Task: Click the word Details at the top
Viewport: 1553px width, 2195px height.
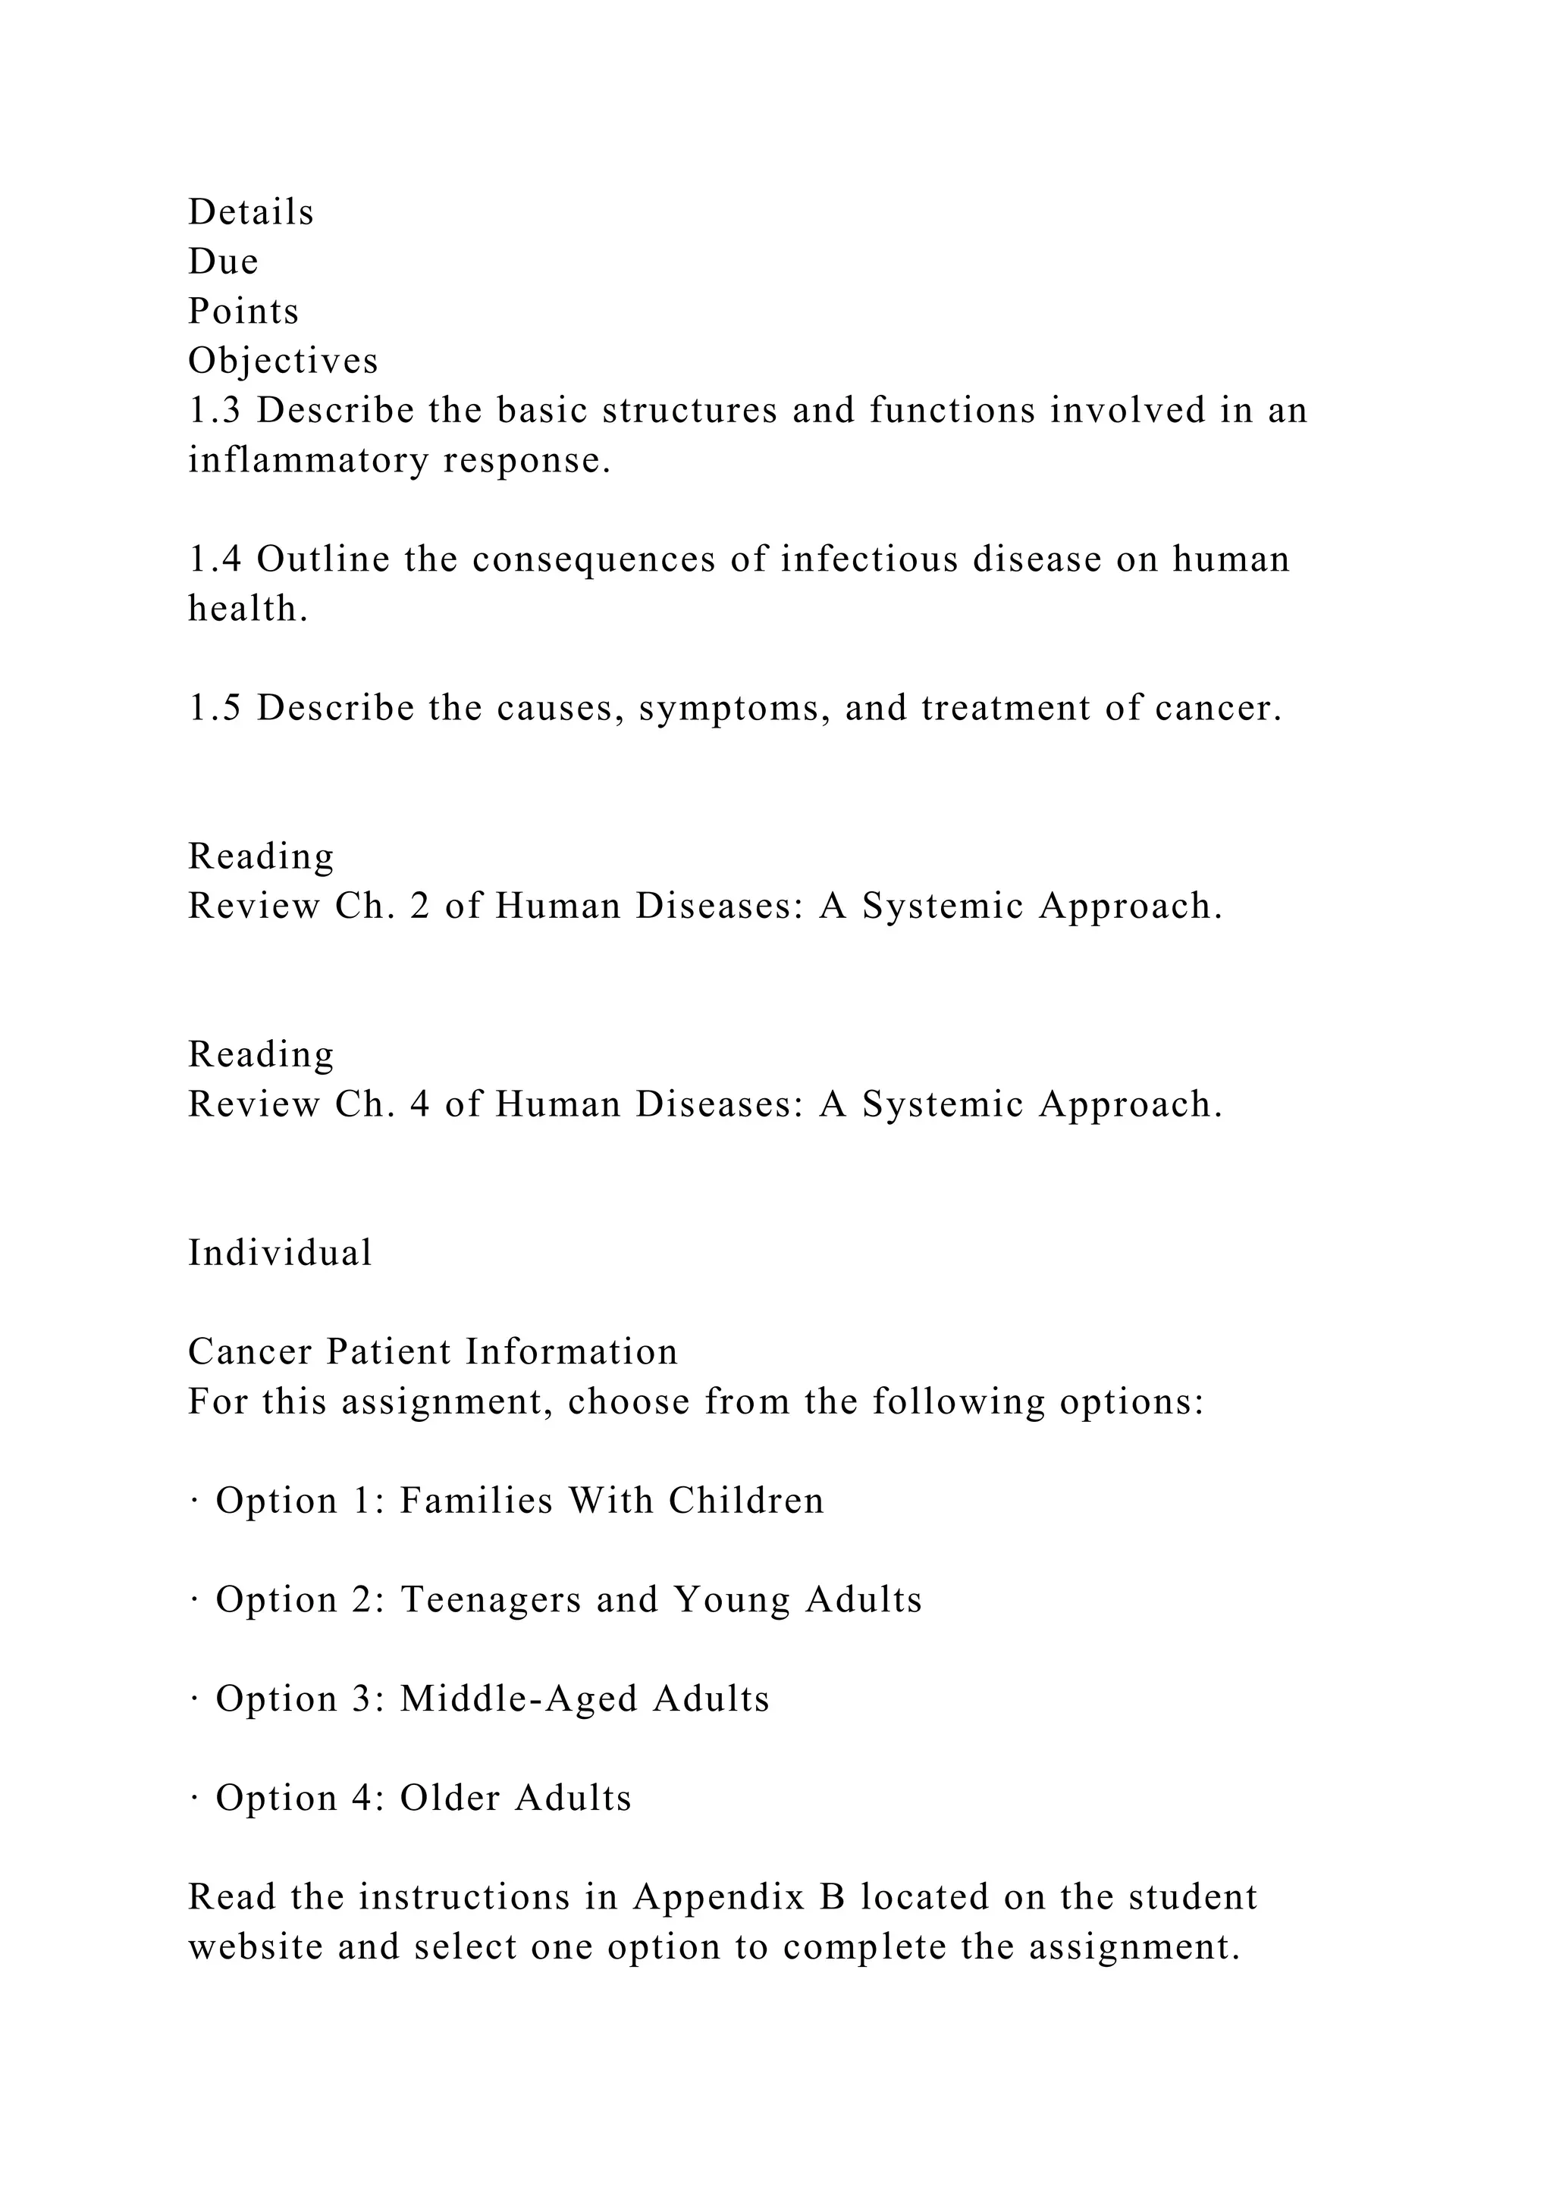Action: click(x=250, y=212)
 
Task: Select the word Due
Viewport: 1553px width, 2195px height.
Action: click(x=223, y=262)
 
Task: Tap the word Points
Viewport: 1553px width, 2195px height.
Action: click(x=243, y=312)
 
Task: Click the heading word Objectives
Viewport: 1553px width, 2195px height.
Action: click(x=283, y=362)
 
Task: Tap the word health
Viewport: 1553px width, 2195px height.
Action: click(x=248, y=609)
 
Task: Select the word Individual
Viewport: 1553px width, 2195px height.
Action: click(x=279, y=1254)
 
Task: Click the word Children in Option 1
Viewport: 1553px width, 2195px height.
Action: click(x=746, y=1501)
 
